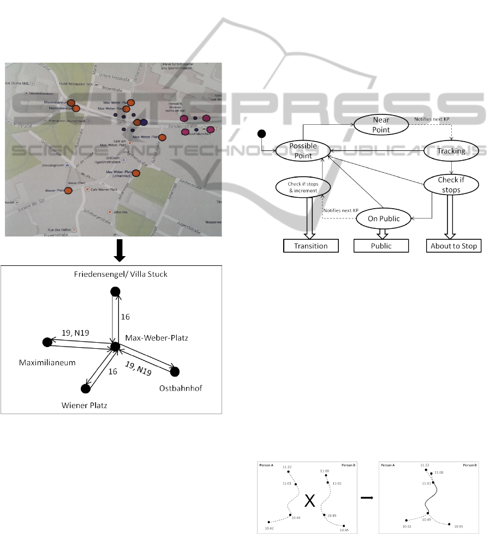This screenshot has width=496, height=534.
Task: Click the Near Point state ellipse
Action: pos(380,125)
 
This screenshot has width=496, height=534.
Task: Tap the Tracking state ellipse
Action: pos(451,151)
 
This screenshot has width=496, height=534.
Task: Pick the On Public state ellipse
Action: pos(382,219)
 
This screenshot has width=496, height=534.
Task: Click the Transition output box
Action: pos(311,246)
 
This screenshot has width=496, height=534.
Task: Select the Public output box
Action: pos(381,246)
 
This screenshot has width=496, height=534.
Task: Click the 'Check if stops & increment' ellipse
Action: pos(302,187)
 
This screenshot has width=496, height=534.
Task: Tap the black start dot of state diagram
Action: pos(261,134)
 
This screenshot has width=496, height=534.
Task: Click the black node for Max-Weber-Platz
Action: pos(115,346)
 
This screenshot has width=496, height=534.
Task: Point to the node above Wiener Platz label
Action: pos(85,389)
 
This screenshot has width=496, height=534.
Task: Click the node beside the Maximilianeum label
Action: pos(47,342)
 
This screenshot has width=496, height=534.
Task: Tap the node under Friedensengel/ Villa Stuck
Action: pos(115,292)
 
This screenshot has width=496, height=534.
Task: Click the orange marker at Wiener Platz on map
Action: pos(68,191)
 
